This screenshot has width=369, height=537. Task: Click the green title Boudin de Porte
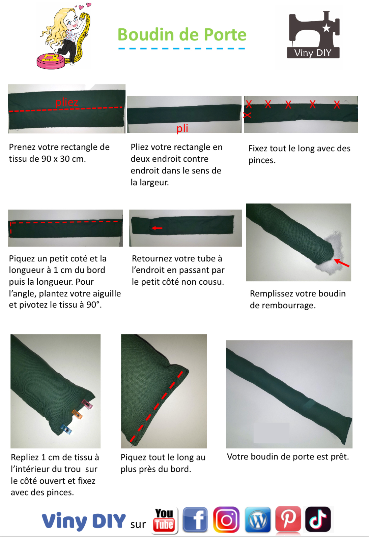[182, 34]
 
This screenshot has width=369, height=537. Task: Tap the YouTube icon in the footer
[164, 520]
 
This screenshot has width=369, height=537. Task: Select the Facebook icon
[195, 519]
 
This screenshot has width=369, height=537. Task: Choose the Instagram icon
[226, 519]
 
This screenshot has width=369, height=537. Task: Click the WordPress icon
[258, 519]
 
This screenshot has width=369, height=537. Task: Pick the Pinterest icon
[288, 519]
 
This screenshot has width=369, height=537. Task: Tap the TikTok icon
[318, 519]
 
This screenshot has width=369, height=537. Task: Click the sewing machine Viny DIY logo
[313, 34]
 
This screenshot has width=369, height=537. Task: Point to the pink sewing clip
[87, 404]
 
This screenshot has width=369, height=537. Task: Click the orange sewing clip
[77, 414]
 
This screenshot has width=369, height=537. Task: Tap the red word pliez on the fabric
[67, 102]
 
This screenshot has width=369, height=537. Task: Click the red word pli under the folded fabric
[182, 128]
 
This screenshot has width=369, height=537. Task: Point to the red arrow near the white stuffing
[342, 263]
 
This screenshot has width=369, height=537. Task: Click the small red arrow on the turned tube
[157, 228]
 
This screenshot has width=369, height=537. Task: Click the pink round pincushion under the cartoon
[51, 61]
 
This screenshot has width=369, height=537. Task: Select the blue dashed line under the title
[182, 49]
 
